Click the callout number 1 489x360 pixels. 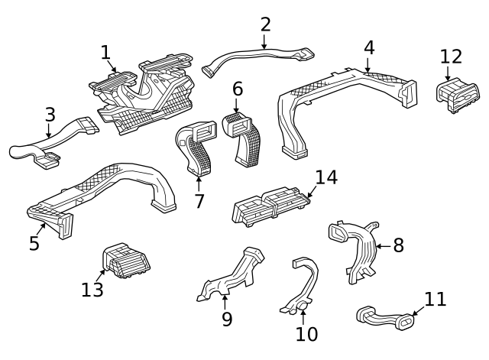click(106, 52)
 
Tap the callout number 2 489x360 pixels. click(265, 24)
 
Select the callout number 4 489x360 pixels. click(369, 47)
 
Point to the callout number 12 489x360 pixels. click(451, 57)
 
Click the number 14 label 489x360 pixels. click(325, 177)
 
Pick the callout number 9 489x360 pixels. click(227, 319)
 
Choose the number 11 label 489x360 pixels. click(435, 299)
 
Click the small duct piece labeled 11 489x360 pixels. click(385, 317)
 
